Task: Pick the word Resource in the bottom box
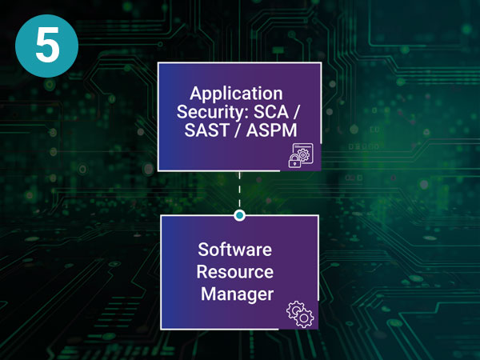coord(235,272)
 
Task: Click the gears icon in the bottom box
coord(300,314)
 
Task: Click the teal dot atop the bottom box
coord(239,215)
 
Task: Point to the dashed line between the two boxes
coord(239,193)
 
